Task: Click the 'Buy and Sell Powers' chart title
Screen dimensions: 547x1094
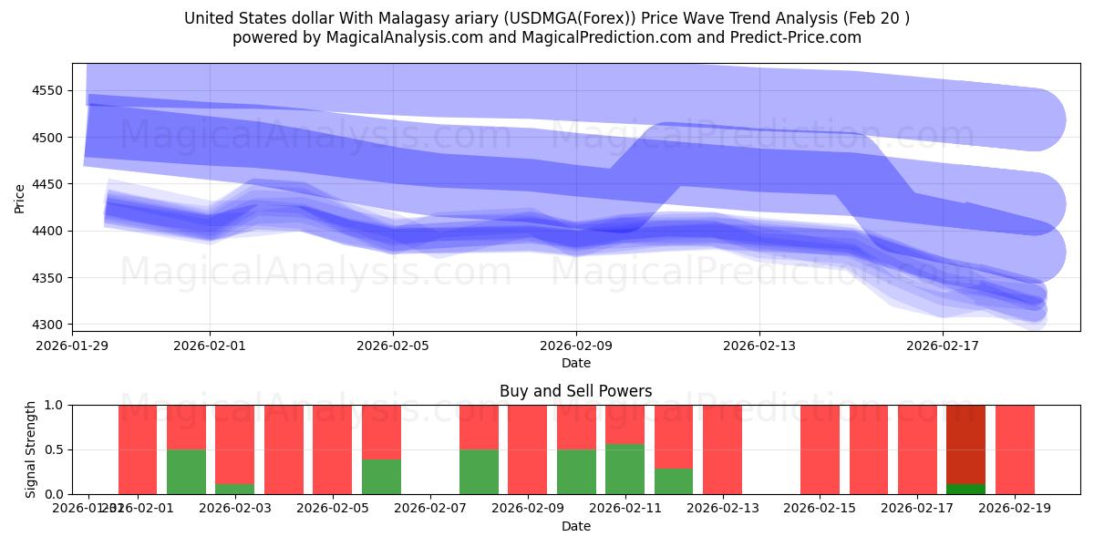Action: coord(576,391)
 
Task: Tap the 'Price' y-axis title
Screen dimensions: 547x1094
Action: coord(20,198)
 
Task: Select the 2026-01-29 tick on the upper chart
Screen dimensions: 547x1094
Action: coord(73,346)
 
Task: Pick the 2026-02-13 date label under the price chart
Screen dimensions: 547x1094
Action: coord(759,346)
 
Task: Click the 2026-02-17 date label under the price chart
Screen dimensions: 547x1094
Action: coord(943,346)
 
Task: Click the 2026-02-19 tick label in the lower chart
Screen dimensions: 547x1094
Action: coord(1015,508)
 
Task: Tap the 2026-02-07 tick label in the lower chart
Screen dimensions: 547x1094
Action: coord(430,508)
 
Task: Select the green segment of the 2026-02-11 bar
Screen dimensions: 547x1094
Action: coord(624,469)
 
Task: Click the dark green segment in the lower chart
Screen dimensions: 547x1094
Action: coord(965,489)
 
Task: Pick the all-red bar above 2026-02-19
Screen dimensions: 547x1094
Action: coord(1015,449)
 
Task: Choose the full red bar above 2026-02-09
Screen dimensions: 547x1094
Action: coord(527,449)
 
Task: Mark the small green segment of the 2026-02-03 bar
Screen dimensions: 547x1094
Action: coord(234,489)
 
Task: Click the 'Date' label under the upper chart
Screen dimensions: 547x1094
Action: coord(576,363)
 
